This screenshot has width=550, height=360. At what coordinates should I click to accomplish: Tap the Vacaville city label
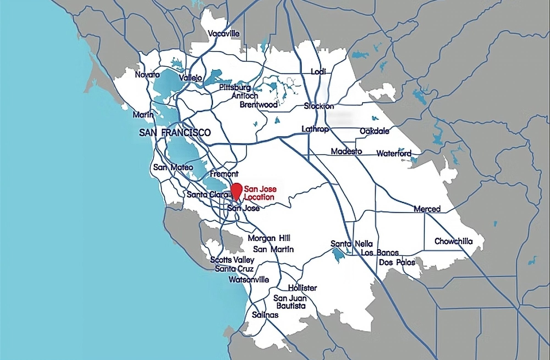point(224,34)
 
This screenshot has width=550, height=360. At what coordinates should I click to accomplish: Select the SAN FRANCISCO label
point(175,133)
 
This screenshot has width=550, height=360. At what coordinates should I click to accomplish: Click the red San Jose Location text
point(260,193)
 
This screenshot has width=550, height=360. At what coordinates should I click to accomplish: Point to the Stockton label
point(319,106)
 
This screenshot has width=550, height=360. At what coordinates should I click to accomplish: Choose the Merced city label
point(427,209)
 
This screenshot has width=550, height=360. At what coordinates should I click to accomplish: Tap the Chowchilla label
point(453,241)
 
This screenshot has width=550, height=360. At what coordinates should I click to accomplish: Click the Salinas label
point(265,315)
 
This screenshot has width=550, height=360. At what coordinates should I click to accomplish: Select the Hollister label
point(302,288)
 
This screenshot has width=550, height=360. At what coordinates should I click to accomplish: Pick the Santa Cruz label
point(234,269)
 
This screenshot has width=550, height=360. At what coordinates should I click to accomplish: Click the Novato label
point(147,75)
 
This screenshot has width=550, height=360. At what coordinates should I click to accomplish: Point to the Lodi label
point(318,72)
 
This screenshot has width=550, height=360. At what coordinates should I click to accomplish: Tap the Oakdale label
point(374,131)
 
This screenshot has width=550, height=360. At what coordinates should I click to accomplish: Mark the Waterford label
point(394,154)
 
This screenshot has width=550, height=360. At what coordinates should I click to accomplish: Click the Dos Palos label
point(397,262)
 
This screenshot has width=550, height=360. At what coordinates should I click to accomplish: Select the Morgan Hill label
point(269,238)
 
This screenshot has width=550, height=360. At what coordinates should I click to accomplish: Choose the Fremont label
point(224,174)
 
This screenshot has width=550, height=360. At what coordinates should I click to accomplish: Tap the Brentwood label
point(258,105)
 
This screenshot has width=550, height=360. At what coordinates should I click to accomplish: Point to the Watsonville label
point(249,280)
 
